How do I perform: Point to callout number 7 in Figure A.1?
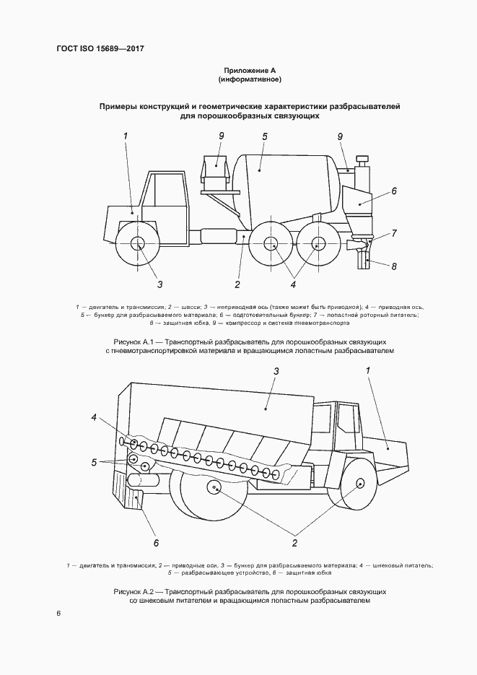coord(394,232)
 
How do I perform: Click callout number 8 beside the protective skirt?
coord(395,266)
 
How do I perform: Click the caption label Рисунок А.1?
coord(134,340)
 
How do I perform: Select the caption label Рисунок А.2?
coord(135,591)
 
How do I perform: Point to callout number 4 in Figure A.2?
coord(93,418)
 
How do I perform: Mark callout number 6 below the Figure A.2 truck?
coord(155,542)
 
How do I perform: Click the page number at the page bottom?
coord(58,614)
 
